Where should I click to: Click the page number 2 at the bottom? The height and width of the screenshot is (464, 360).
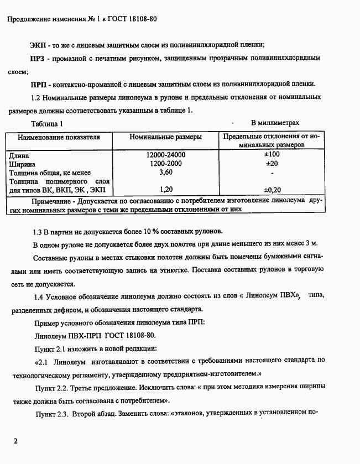tap(16, 442)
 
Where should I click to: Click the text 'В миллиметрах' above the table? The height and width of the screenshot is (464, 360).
tap(275, 123)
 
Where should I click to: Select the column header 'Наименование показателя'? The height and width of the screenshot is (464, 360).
tap(59, 137)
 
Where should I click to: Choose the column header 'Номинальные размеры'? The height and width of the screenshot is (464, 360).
tap(165, 137)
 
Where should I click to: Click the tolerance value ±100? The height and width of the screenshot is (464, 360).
tap(272, 155)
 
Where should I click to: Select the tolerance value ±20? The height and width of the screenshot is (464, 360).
tap(272, 164)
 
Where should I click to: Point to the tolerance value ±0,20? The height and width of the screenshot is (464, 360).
tap(272, 190)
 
